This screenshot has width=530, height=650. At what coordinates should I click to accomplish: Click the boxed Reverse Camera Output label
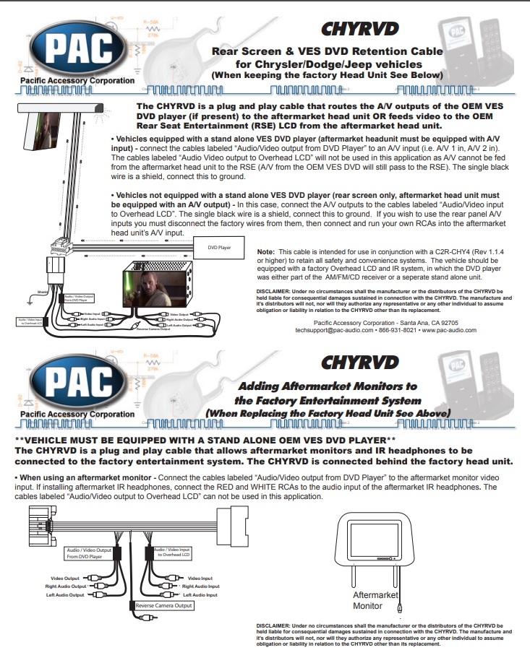(x=163, y=605)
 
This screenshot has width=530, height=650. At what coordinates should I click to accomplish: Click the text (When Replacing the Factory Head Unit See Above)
(x=328, y=413)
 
